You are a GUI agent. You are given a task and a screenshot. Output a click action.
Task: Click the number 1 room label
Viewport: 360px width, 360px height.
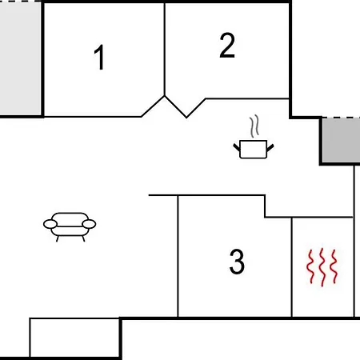tap(99, 58)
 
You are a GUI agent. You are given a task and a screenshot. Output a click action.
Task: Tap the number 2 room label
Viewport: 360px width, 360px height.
tap(227, 46)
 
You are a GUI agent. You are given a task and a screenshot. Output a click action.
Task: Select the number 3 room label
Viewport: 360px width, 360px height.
tap(237, 262)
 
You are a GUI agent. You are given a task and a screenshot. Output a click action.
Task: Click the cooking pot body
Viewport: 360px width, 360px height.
tap(254, 150)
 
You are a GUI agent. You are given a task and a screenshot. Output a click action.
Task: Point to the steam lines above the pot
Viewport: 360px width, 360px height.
tap(254, 126)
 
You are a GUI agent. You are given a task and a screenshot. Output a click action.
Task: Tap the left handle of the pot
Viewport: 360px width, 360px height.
tap(237, 147)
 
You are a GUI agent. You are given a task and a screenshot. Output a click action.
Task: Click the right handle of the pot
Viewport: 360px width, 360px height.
tap(270, 147)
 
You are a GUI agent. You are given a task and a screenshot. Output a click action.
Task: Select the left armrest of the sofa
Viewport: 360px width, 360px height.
tap(50, 224)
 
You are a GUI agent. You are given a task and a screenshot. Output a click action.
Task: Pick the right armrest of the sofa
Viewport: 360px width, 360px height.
tap(89, 224)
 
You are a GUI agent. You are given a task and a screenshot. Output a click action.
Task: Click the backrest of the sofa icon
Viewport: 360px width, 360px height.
tap(70, 218)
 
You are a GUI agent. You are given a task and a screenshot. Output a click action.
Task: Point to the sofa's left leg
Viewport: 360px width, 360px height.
tap(58, 239)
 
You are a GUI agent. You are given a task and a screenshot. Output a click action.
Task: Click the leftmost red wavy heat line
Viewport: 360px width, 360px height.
tap(310, 266)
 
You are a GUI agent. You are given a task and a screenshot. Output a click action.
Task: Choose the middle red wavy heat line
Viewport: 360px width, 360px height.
tap(322, 267)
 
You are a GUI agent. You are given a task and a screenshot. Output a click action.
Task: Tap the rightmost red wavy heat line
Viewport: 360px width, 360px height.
tap(334, 266)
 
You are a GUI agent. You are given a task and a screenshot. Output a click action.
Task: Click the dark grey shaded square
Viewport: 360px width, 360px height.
tap(341, 141)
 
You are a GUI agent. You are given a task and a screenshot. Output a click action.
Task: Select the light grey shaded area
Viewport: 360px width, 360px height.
tap(21, 58)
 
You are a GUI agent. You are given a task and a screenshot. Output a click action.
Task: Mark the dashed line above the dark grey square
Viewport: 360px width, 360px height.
tap(341, 117)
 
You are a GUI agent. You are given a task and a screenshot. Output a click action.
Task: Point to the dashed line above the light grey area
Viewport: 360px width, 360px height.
tap(21, 1)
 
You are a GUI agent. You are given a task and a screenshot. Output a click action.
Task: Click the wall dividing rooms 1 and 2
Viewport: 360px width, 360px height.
tap(165, 49)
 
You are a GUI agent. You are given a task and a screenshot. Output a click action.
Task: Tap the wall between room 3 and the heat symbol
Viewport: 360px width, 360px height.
tap(292, 267)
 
